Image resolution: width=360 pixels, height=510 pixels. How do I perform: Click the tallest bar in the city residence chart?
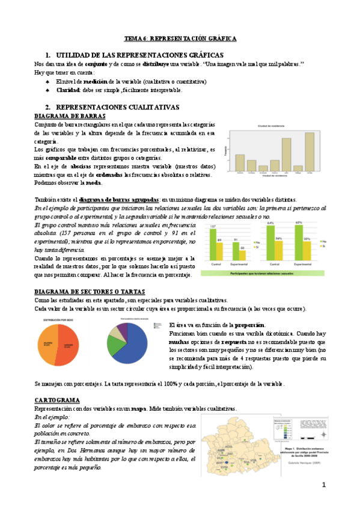pyautogui.click(x=310, y=151)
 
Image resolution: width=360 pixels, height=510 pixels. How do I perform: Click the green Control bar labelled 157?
pyautogui.click(x=212, y=247)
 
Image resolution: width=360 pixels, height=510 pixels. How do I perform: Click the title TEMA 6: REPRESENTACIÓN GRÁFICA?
pyautogui.click(x=180, y=38)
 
